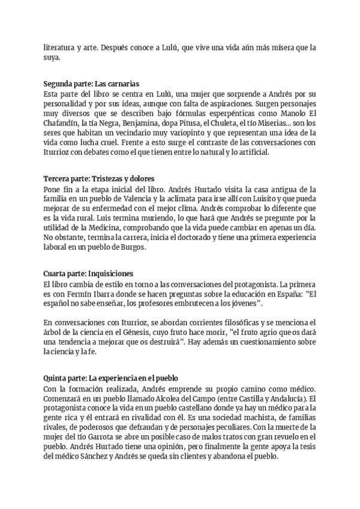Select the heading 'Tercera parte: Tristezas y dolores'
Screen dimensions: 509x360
coord(100,179)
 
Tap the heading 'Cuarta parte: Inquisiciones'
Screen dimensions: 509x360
coord(89,273)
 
